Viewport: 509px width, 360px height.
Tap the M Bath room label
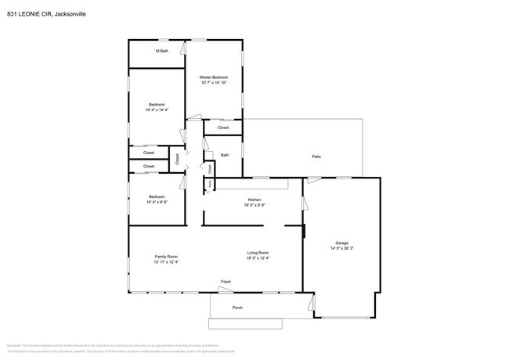coord(162,51)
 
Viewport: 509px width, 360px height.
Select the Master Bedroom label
coord(213,77)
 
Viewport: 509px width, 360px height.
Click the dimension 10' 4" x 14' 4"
coord(157,110)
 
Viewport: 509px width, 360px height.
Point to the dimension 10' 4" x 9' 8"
coord(157,202)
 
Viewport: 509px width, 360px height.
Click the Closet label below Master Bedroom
coord(223,127)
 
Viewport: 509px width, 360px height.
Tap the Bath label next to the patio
coord(225,155)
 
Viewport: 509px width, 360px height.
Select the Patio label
coord(316,157)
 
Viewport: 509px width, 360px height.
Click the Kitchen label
coord(254,200)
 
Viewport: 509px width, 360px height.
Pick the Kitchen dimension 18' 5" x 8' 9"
coord(254,205)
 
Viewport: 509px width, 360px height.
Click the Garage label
coord(341,243)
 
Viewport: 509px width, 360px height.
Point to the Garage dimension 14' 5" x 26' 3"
coord(341,249)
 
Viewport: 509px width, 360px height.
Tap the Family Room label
coord(166,257)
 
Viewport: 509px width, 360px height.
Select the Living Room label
coord(258,252)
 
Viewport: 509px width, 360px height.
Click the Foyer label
coord(226,281)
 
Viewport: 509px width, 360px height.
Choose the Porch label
coord(237,308)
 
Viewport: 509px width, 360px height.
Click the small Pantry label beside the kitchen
coord(209,183)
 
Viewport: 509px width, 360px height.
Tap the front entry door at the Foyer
coord(226,290)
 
